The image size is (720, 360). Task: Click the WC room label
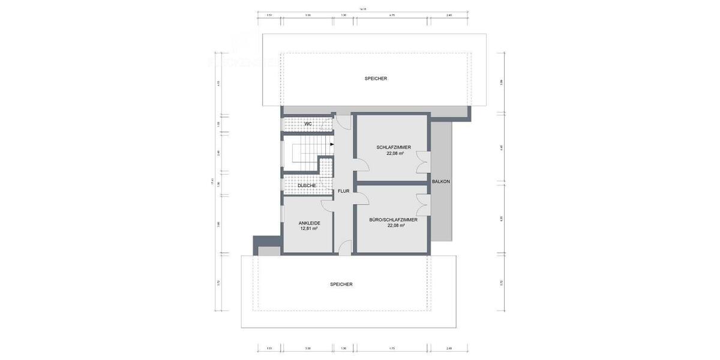(308, 124)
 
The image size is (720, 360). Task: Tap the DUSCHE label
(307, 185)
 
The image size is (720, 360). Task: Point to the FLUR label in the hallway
(343, 191)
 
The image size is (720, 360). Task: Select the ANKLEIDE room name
(309, 223)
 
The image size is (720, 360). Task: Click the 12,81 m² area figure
(309, 229)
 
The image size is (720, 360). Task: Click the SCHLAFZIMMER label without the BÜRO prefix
(394, 147)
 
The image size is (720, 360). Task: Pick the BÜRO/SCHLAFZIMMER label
(394, 220)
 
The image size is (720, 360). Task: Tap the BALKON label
(441, 181)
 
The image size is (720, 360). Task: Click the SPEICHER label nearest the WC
(376, 79)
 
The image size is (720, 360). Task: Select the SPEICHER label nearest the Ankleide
(341, 284)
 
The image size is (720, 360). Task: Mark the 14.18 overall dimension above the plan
(362, 9)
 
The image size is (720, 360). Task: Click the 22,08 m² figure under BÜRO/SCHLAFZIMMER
(394, 226)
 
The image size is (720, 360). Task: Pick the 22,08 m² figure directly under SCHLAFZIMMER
(394, 153)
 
